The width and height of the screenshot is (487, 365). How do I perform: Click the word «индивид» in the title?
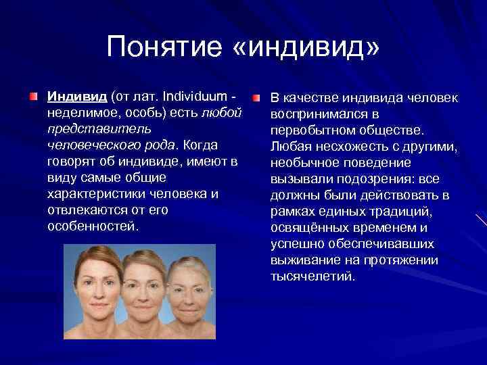point(315,47)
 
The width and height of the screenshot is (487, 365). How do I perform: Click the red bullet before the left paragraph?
point(32,97)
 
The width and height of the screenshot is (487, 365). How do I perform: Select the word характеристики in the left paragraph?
point(93,193)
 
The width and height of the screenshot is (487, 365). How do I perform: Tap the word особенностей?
point(93,226)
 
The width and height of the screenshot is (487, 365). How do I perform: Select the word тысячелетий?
point(312,276)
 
